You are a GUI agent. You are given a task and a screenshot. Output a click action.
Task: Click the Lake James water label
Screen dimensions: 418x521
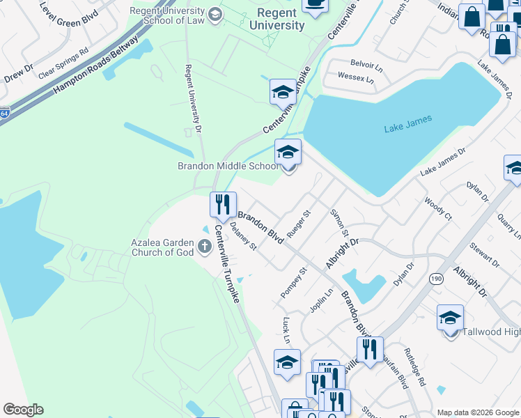407,123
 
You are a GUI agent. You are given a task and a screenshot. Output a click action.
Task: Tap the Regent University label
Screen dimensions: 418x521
281,20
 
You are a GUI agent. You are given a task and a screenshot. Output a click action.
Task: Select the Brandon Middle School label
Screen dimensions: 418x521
228,166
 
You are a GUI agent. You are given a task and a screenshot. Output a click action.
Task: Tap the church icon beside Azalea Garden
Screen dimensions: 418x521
205,245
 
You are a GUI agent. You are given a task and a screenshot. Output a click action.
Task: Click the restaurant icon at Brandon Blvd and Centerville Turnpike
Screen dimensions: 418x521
223,204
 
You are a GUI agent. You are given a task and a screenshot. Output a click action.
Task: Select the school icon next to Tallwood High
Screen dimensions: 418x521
450,318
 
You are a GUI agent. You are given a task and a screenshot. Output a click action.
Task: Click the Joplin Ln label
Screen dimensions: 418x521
322,301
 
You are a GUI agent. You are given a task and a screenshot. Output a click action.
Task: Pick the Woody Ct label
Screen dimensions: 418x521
437,208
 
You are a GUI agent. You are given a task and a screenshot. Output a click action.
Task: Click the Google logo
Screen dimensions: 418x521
23,410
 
